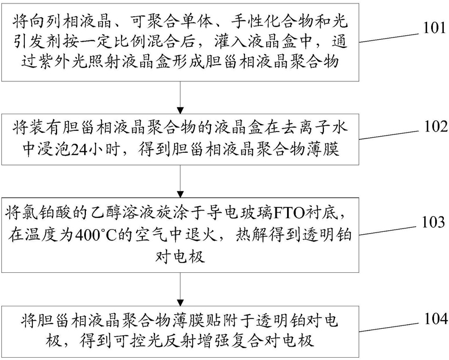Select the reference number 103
click(x=434, y=222)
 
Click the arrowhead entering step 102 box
click(x=180, y=111)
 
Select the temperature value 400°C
click(x=93, y=236)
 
